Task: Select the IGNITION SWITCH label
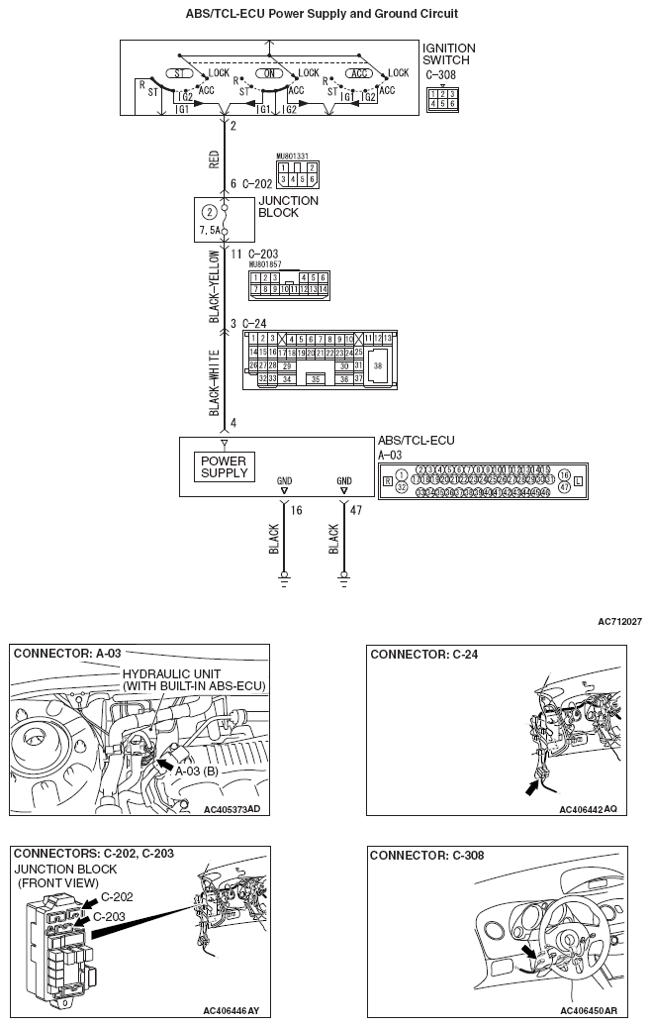[x=448, y=54]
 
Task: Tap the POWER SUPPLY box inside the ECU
[x=225, y=466]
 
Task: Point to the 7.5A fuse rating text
[x=210, y=231]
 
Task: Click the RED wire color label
[x=214, y=159]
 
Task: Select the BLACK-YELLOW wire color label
[x=214, y=286]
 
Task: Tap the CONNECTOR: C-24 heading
[x=415, y=655]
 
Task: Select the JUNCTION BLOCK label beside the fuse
[x=288, y=206]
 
